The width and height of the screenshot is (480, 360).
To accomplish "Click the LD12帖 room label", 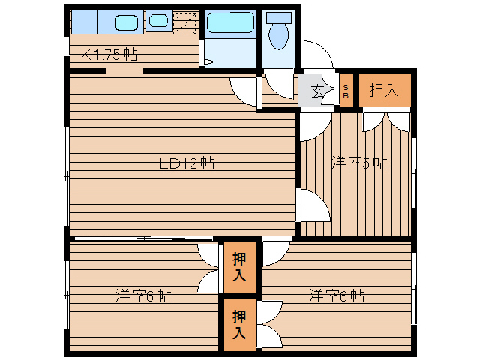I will pos(187,163).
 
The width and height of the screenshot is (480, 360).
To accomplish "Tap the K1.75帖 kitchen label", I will pos(109,54).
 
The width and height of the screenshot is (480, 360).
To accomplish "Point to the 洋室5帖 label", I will pos(359,163).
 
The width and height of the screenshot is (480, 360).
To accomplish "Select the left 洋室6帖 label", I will pos(143,296).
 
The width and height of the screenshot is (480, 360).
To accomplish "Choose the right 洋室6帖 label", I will pos(337,296).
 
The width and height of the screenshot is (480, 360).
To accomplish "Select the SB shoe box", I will pos(346,91).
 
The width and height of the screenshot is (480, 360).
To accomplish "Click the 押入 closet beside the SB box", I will pos(384,91).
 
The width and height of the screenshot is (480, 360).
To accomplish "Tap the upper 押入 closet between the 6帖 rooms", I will pos(239,267).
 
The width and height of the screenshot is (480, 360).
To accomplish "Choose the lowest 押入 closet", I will pos(239,324).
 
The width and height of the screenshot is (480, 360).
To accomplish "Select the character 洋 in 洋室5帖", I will pos(338,163).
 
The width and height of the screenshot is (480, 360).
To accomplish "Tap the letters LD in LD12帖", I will pos(169,163).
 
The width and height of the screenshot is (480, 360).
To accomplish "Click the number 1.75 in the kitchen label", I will pos(110,54).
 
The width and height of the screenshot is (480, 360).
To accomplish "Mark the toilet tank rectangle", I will pos(279,17).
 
